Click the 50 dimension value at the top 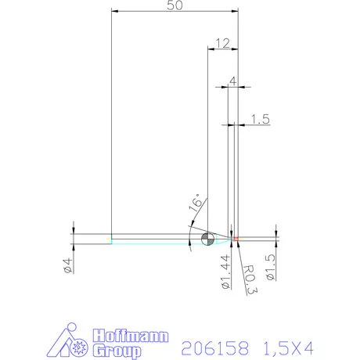pos(176,5)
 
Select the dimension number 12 pos(222,43)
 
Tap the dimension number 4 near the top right pos(232,81)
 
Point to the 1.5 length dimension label pos(261,119)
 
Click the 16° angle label pos(196,206)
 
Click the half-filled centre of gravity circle pos(207,239)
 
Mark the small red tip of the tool pos(236,238)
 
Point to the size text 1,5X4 pos(288,346)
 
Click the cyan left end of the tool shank pos(112,239)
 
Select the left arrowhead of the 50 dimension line pos(114,11)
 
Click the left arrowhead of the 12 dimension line pos(210,49)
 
